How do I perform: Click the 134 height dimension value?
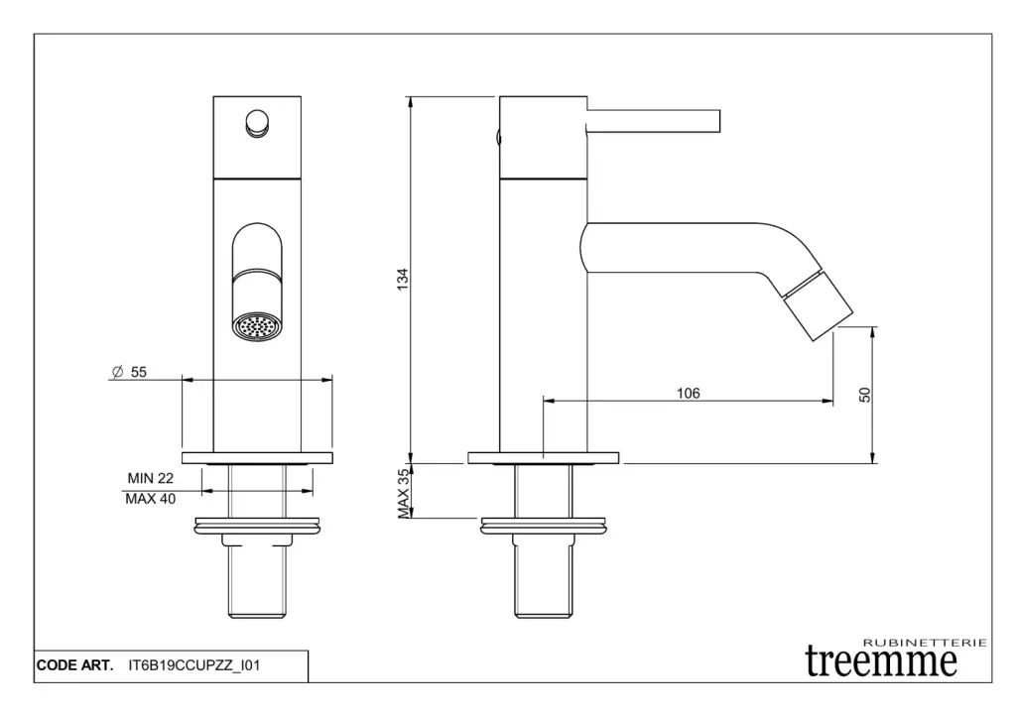403,279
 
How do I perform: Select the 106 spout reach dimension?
689,393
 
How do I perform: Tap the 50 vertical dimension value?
865,395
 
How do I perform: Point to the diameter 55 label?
129,372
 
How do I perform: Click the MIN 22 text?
151,478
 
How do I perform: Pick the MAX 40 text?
151,499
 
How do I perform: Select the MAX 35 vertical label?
403,494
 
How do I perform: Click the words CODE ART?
74,665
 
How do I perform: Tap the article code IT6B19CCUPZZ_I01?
194,665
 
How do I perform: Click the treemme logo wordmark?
881,660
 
